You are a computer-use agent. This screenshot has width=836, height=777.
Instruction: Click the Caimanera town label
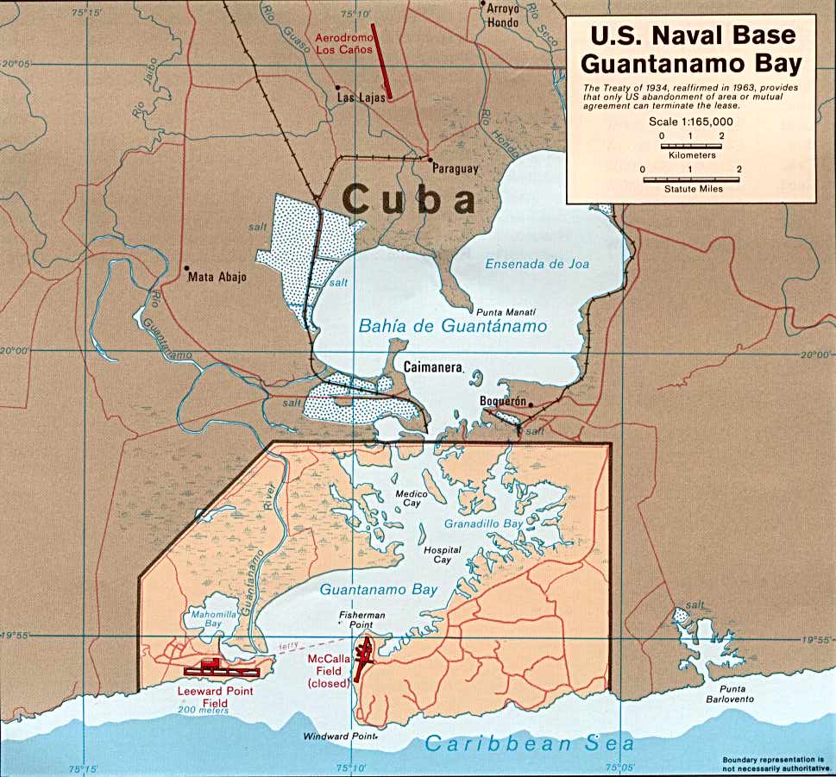432,366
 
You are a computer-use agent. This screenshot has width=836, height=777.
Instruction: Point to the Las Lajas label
358,99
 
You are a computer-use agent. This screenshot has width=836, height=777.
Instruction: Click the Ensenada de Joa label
536,264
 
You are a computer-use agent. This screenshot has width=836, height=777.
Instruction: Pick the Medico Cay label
406,499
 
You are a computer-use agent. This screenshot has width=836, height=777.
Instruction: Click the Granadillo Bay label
484,523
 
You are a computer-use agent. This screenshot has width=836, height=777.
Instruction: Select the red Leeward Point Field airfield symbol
220,667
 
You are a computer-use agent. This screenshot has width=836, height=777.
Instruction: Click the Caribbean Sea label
530,743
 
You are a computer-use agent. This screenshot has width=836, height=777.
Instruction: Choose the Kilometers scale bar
692,146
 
